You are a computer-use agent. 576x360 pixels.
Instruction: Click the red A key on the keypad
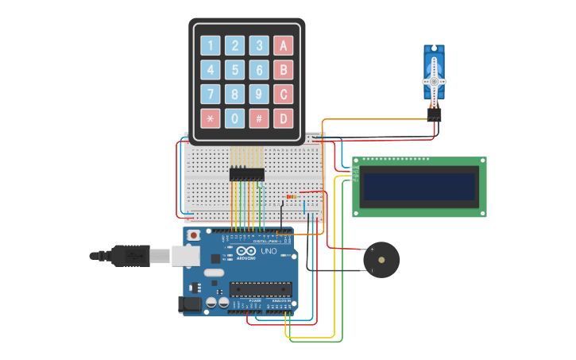point(284,45)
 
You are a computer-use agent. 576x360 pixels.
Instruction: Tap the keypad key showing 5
point(234,70)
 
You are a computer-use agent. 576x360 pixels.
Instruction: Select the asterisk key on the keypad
point(210,119)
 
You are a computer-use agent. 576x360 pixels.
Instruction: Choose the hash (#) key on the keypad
point(259,119)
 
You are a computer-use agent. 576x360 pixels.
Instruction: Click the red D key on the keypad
point(284,119)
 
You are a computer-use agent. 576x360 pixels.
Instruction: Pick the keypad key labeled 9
point(259,95)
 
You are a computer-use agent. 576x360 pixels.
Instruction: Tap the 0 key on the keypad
point(234,119)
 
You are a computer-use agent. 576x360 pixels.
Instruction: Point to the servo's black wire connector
point(434,114)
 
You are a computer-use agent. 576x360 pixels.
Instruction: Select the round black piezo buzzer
point(381,260)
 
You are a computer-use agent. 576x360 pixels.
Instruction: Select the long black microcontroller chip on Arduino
point(260,289)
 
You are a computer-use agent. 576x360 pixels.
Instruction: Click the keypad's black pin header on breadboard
point(247,174)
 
